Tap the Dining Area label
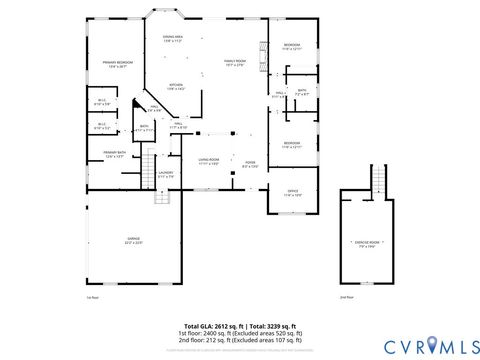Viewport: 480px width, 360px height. pyautogui.click(x=171, y=39)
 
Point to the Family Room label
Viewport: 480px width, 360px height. pyautogui.click(x=235, y=62)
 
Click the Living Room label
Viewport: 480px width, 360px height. pyautogui.click(x=208, y=161)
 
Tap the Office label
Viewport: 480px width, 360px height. pyautogui.click(x=292, y=192)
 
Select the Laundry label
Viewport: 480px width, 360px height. pyautogui.click(x=166, y=174)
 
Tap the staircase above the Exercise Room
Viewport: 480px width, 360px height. pyautogui.click(x=378, y=179)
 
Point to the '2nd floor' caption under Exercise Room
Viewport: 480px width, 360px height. pyautogui.click(x=346, y=297)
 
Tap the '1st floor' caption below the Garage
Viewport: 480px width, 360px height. pyautogui.click(x=92, y=297)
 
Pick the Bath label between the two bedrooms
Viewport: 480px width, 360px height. pyautogui.click(x=300, y=91)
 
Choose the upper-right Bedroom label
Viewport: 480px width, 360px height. pyautogui.click(x=291, y=46)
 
